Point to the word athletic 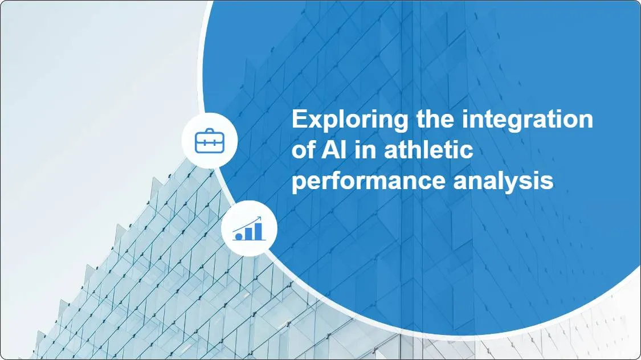point(428,151)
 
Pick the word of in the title point(303,151)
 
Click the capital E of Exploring point(299,120)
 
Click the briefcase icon point(210,140)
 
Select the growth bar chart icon point(249,230)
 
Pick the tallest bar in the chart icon point(258,231)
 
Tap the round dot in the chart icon point(238,235)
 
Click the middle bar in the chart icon point(248,233)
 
